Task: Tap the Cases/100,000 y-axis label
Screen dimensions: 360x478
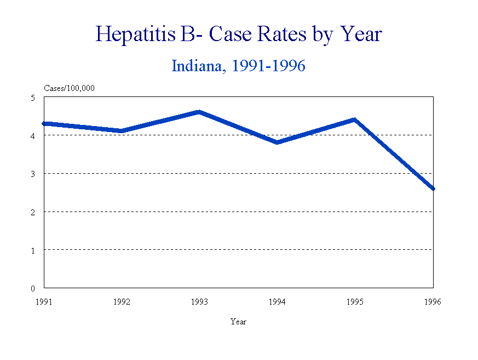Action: click(x=65, y=88)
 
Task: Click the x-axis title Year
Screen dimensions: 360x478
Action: click(x=238, y=322)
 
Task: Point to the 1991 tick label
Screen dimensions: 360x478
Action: click(x=44, y=301)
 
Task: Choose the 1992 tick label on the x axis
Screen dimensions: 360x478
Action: click(x=122, y=301)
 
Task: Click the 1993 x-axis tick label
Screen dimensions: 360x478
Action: click(x=199, y=301)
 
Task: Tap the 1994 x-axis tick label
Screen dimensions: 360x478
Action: click(x=278, y=301)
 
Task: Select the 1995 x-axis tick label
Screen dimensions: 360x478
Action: click(x=355, y=301)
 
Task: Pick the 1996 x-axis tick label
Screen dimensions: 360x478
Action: click(x=433, y=301)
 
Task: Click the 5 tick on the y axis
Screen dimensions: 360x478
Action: click(x=33, y=98)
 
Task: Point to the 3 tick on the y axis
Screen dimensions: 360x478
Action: click(x=33, y=174)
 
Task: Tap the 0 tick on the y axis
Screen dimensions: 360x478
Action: click(x=33, y=288)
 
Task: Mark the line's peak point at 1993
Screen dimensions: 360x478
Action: click(x=199, y=112)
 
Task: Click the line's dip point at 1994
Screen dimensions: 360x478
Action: click(x=278, y=142)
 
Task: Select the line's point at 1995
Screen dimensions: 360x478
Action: click(x=355, y=119)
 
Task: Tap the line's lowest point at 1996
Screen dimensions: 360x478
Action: click(x=433, y=188)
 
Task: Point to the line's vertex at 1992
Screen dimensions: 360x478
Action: click(x=122, y=131)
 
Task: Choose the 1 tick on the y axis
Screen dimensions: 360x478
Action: click(x=33, y=250)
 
